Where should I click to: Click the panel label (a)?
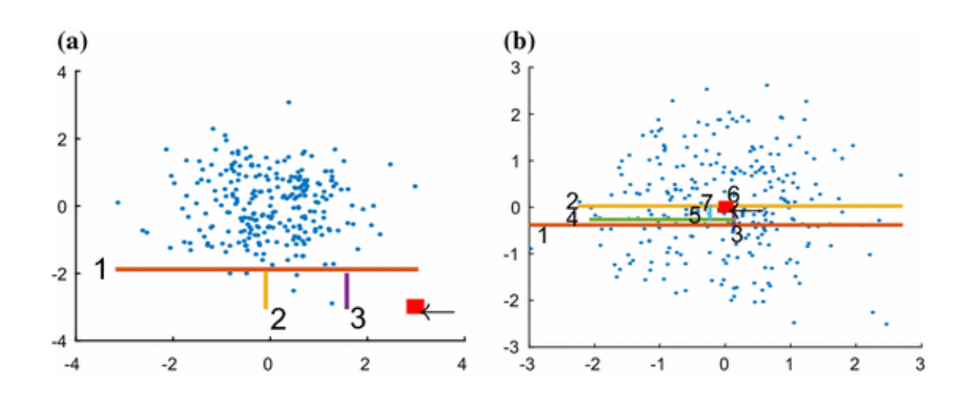pyautogui.click(x=72, y=43)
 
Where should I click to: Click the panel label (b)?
pyautogui.click(x=519, y=43)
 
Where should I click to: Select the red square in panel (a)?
pyautogui.click(x=415, y=307)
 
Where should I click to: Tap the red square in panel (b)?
pyautogui.click(x=725, y=206)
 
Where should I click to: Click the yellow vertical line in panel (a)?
pyautogui.click(x=266, y=290)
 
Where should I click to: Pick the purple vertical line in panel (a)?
pyautogui.click(x=347, y=291)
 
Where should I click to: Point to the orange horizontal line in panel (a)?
pyautogui.click(x=267, y=269)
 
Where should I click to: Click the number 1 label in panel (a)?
pyautogui.click(x=100, y=269)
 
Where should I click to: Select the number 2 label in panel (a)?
pyautogui.click(x=278, y=320)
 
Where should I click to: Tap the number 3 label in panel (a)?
pyautogui.click(x=358, y=318)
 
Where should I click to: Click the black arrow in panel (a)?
pyautogui.click(x=438, y=312)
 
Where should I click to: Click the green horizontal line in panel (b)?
pyautogui.click(x=662, y=219)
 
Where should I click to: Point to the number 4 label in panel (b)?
pyautogui.click(x=572, y=218)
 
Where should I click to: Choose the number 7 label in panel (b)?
pyautogui.click(x=706, y=202)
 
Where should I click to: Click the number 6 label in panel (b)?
pyautogui.click(x=733, y=193)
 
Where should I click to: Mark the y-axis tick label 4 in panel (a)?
pyautogui.click(x=62, y=72)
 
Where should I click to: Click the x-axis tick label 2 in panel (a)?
pyautogui.click(x=364, y=365)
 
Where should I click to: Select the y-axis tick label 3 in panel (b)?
pyautogui.click(x=515, y=68)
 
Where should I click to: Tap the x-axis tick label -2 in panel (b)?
pyautogui.click(x=593, y=365)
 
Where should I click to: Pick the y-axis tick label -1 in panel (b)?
pyautogui.click(x=512, y=253)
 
